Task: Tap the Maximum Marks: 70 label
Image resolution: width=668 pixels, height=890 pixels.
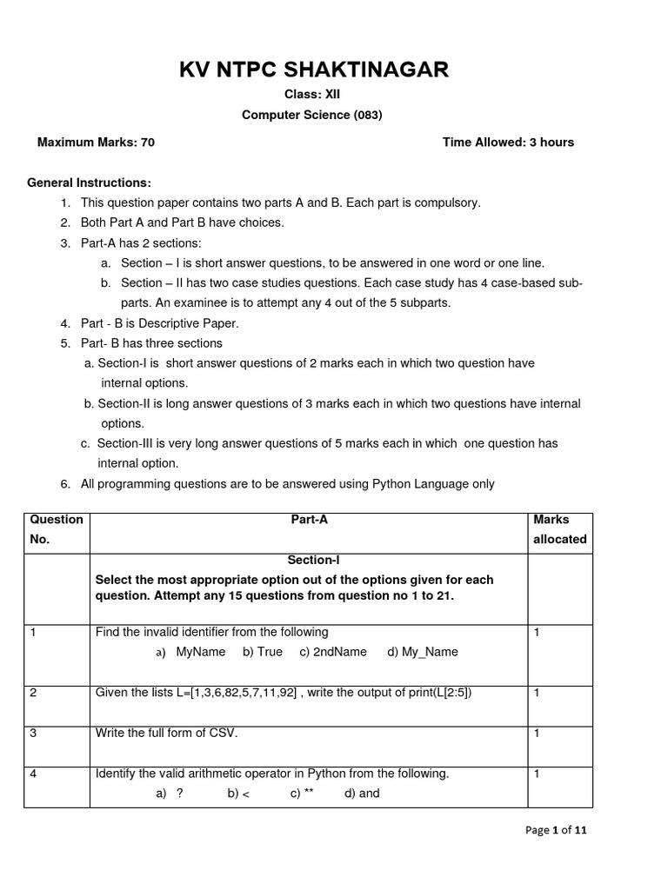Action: (96, 143)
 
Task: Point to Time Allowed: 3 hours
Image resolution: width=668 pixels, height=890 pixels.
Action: (508, 143)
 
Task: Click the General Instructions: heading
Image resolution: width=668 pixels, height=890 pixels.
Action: (90, 183)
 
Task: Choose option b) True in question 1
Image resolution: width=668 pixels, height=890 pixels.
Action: (263, 652)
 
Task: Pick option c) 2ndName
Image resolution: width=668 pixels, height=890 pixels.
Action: (333, 652)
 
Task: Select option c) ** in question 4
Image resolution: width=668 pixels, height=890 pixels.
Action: (303, 794)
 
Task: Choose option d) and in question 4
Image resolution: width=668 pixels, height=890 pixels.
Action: (362, 794)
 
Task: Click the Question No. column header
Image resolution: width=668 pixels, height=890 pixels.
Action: (57, 528)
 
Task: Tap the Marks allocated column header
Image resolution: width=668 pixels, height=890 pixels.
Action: (559, 528)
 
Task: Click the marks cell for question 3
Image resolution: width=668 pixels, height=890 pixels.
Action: (538, 734)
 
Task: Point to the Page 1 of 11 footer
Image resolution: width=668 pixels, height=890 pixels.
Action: (557, 830)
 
